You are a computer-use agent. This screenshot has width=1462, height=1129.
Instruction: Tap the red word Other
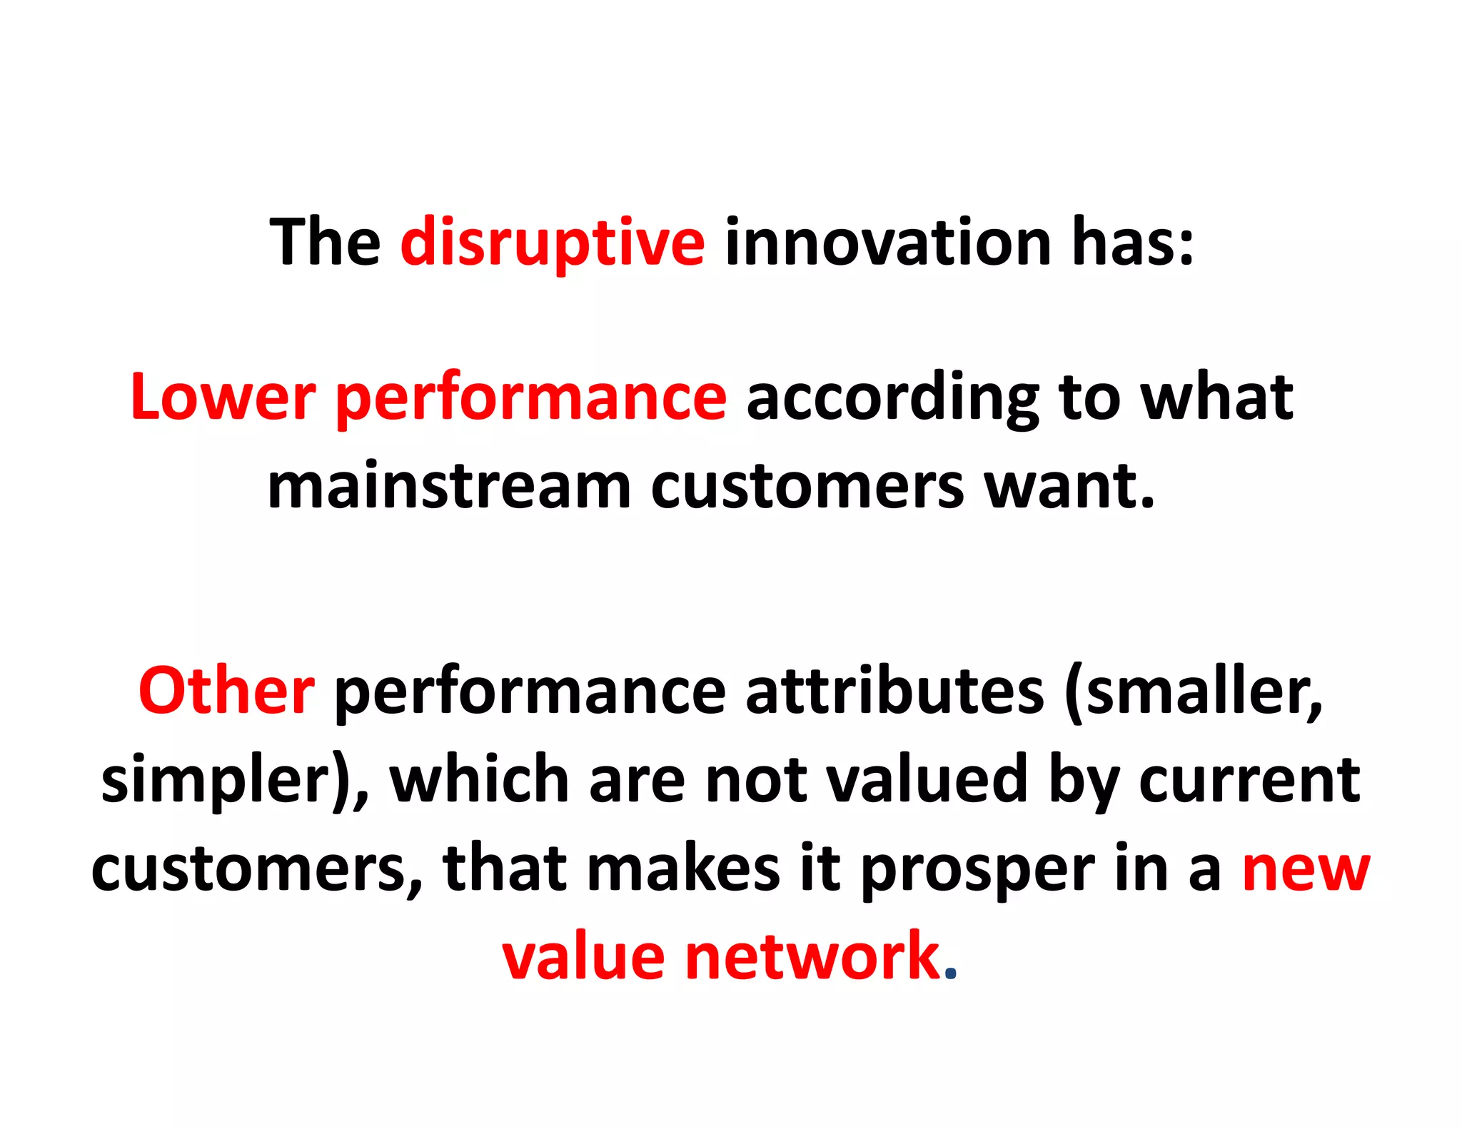[226, 691]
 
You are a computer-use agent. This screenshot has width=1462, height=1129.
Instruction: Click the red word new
[1306, 869]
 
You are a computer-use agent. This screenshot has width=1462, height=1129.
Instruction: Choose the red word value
[583, 956]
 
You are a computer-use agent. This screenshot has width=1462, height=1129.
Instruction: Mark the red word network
[812, 956]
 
